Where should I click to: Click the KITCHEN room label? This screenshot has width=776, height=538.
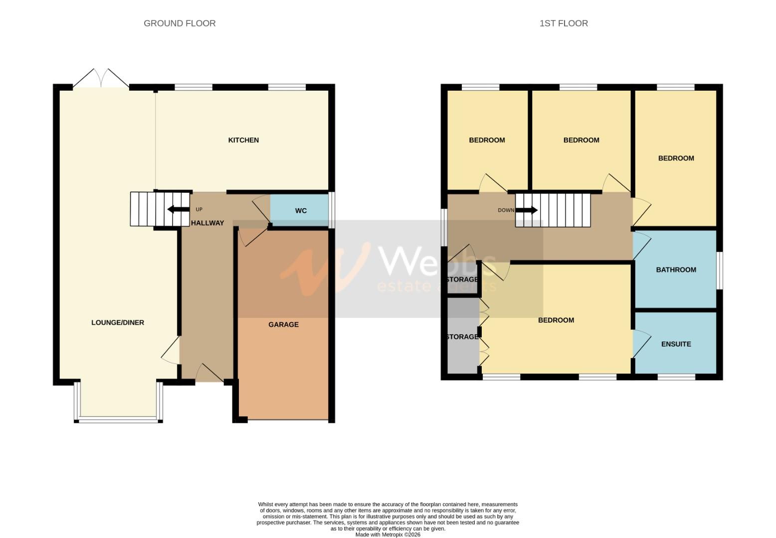243,140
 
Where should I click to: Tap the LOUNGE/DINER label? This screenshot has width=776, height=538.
118,322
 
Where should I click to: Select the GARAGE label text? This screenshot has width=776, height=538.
283,324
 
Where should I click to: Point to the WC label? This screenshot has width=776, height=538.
301,211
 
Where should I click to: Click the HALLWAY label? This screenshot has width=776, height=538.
207,223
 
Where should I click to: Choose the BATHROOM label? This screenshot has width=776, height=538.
676,269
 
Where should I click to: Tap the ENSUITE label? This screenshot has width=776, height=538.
676,344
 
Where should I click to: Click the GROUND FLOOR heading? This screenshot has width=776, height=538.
180,23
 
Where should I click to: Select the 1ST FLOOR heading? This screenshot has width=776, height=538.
564,23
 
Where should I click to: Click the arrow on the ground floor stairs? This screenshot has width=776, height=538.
178,209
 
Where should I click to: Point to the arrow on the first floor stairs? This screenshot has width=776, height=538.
527,210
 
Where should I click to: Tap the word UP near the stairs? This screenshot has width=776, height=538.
199,209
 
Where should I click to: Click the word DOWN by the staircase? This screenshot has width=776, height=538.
506,210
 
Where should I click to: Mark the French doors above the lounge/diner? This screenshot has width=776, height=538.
101,79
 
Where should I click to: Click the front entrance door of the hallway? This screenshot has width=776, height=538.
209,374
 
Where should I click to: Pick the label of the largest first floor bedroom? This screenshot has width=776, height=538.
556,320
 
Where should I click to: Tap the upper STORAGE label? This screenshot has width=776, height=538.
462,279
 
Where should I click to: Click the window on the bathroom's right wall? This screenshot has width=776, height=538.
719,270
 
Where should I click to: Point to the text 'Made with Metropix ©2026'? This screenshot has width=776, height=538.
388,535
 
